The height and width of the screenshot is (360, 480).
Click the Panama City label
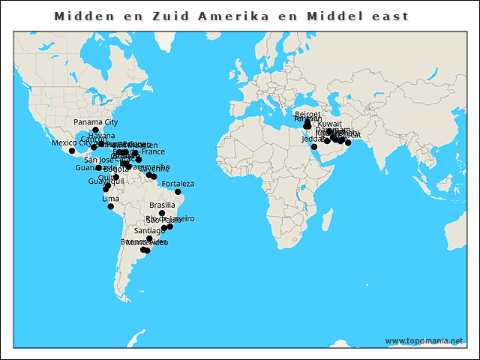coord(95,121)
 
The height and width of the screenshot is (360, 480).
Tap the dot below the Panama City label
coord(95,130)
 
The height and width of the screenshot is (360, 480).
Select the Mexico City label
coord(70,142)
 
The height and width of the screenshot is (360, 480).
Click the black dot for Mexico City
coord(72,151)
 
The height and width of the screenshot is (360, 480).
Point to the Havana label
coord(101,136)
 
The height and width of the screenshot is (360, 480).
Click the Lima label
coord(110,199)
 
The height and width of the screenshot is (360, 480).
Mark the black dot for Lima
coord(111,206)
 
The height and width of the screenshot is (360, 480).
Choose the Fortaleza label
coord(178,184)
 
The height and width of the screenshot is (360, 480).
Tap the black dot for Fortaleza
coord(178,192)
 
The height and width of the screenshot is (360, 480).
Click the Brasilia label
coord(162,205)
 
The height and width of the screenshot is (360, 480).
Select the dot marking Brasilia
coord(162,213)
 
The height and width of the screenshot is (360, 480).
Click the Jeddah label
coord(312,139)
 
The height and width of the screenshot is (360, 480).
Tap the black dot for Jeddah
coord(314,147)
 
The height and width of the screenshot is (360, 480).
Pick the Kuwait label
coord(329,124)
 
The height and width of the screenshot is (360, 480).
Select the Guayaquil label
coord(104,182)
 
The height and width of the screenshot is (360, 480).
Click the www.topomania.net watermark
coord(424,340)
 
